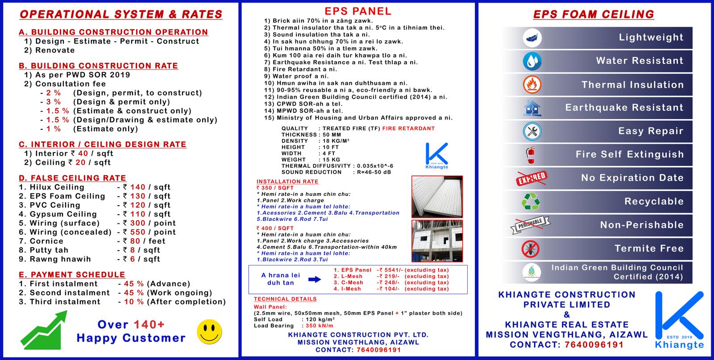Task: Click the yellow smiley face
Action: click(x=209, y=331)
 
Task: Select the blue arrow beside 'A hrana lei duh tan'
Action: click(x=315, y=279)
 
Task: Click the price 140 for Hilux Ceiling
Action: click(x=138, y=187)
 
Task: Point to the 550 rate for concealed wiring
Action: click(x=138, y=232)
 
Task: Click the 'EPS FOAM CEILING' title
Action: click(x=594, y=15)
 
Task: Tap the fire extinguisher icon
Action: click(x=531, y=154)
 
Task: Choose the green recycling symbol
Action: click(x=531, y=202)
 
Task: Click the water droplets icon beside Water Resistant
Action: click(x=531, y=61)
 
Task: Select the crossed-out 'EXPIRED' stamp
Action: click(x=531, y=178)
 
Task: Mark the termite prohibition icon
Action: click(x=531, y=249)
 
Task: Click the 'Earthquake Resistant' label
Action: click(x=624, y=108)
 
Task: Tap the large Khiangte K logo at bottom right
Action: click(x=679, y=318)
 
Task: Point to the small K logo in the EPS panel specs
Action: click(x=436, y=154)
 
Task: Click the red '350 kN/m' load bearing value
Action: click(x=319, y=326)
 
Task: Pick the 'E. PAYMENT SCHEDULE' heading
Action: click(x=72, y=275)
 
